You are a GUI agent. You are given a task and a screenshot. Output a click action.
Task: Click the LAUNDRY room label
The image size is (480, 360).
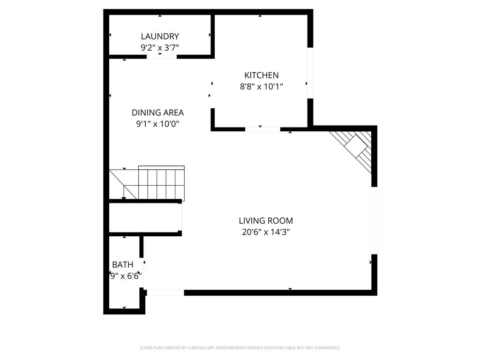pyautogui.click(x=160, y=36)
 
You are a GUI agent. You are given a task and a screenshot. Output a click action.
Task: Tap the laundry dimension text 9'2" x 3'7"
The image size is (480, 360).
pyautogui.click(x=160, y=47)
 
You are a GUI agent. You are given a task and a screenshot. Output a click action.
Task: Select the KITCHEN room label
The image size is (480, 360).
pyautogui.click(x=262, y=75)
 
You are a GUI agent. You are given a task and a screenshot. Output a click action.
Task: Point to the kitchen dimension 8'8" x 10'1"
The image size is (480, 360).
pyautogui.click(x=262, y=86)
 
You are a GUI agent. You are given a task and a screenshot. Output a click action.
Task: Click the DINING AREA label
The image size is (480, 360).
pyautogui.click(x=157, y=112)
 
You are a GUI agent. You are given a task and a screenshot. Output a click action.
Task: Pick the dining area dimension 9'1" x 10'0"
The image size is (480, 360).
pyautogui.click(x=157, y=124)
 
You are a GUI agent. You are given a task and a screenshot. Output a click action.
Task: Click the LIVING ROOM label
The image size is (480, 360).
pyautogui.click(x=266, y=220)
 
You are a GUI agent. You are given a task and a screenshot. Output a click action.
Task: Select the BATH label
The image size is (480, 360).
pyautogui.click(x=122, y=265)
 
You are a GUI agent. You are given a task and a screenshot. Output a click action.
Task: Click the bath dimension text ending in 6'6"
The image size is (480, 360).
pyautogui.click(x=125, y=276)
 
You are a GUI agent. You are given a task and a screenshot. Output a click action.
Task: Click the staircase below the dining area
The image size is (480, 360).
pyautogui.click(x=155, y=183)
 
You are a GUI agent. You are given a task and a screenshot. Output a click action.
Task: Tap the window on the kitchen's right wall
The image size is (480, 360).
pyautogui.click(x=310, y=73)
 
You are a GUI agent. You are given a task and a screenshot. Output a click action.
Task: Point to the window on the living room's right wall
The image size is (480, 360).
pyautogui.click(x=374, y=220)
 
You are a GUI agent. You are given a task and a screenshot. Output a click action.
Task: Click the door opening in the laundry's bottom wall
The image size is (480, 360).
pyautogui.click(x=162, y=57)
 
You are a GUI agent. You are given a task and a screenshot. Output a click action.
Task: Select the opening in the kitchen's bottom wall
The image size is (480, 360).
pyautogui.click(x=262, y=129)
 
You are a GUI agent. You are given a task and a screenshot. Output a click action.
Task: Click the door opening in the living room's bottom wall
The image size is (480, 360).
pyautogui.click(x=165, y=292)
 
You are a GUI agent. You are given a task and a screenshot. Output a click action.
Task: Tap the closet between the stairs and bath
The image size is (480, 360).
pyautogui.click(x=143, y=217)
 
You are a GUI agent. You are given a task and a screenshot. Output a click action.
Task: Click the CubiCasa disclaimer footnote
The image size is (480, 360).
pyautogui.click(x=240, y=348)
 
